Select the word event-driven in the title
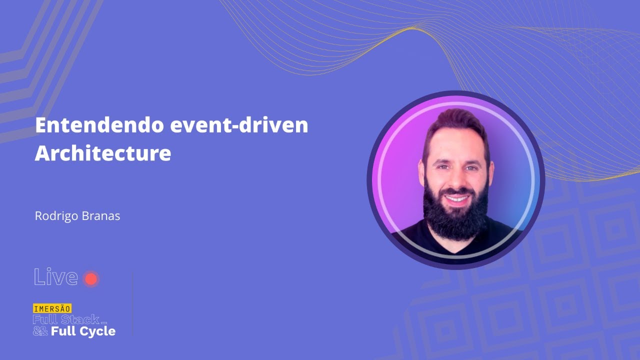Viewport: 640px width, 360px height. [x=238, y=125]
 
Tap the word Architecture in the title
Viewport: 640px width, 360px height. [x=102, y=153]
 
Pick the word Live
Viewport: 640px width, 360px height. [x=55, y=277]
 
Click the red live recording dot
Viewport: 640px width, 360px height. [x=90, y=278]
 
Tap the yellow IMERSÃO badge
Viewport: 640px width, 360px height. [x=52, y=308]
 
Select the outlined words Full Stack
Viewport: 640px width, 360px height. [x=65, y=320]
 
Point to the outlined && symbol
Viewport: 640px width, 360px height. [x=40, y=331]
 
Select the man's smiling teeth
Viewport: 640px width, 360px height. [x=456, y=198]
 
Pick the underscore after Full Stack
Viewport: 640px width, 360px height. [x=103, y=323]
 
